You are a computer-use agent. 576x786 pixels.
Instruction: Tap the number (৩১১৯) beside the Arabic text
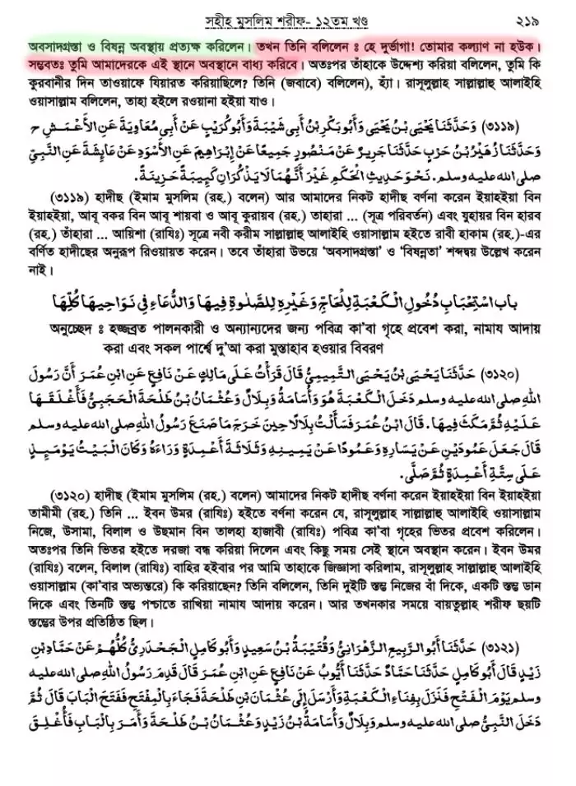(x=530, y=125)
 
